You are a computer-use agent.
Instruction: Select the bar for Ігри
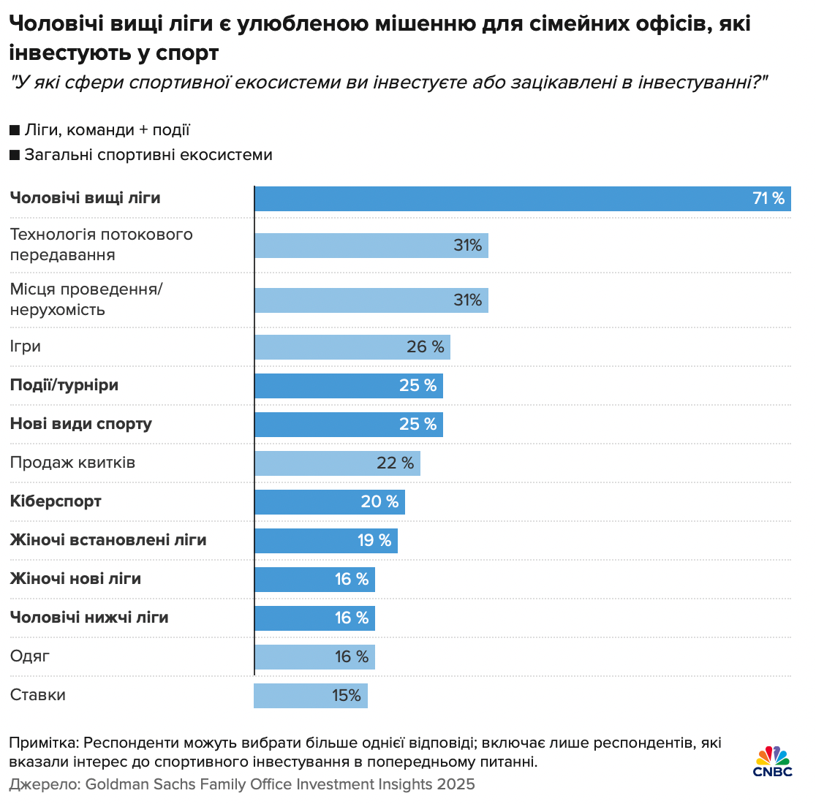(352, 347)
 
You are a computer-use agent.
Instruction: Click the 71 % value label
(768, 199)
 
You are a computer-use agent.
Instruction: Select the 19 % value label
(374, 541)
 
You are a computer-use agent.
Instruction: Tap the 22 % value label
(396, 463)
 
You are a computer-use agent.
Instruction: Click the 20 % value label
(379, 502)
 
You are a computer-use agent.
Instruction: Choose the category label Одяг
(30, 656)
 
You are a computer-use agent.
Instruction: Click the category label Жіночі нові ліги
(75, 579)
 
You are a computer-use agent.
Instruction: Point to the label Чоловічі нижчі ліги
(89, 618)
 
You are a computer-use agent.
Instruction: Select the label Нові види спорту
(81, 424)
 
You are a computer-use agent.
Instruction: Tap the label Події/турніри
(64, 385)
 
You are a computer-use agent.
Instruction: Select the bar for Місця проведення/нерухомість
(371, 300)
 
